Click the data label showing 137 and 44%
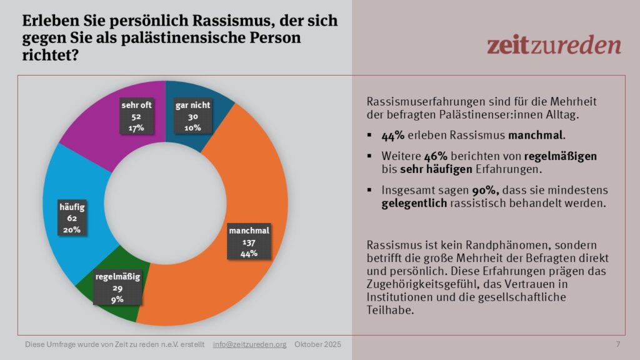coord(249,242)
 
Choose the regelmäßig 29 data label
coord(117,287)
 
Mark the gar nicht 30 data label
coord(192,117)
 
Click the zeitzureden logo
coord(554,45)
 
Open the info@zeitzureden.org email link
coord(249,345)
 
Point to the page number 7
coord(618,345)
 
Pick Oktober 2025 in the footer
coord(318,345)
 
